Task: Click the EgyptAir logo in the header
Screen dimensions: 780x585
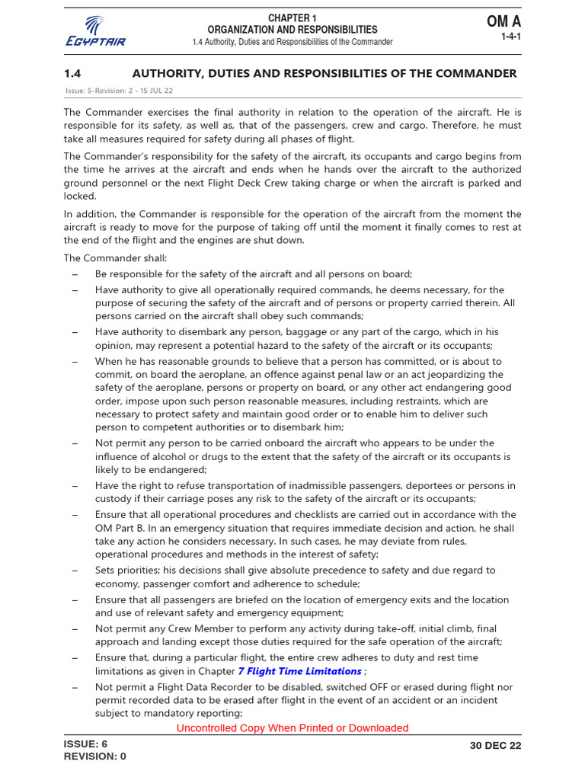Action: [x=95, y=30]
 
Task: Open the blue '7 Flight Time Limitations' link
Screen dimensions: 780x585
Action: [x=299, y=671]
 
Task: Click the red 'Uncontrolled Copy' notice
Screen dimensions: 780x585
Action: [x=292, y=727]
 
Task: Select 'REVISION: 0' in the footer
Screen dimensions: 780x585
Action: [x=95, y=756]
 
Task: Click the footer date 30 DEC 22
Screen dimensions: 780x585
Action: [x=496, y=746]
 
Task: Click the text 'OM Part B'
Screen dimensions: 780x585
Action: [x=120, y=528]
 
